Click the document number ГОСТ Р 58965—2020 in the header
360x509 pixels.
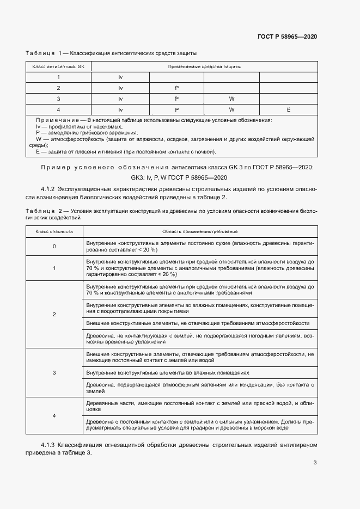coord(286,36)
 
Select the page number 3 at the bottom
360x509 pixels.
coord(315,463)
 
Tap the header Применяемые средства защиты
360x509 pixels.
coord(205,66)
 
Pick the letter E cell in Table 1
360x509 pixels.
coord(288,109)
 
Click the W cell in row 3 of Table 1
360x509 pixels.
coord(231,99)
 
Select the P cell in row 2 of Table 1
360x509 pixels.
coord(176,88)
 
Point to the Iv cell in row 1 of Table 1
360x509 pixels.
coord(120,77)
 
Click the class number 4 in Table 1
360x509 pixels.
coord(58,109)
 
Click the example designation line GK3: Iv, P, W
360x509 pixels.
coord(176,177)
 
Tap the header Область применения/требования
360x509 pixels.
coord(199,231)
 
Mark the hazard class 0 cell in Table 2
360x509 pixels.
coord(54,246)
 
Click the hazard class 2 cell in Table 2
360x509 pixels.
coord(54,315)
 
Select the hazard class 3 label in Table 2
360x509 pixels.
coord(54,373)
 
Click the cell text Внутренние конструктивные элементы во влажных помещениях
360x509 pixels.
coord(168,373)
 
